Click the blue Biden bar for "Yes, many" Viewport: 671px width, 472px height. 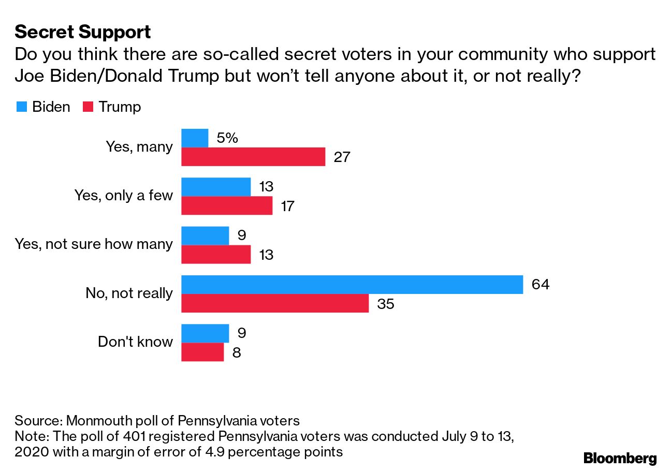pyautogui.click(x=195, y=138)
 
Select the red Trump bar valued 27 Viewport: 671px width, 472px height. pyautogui.click(x=253, y=157)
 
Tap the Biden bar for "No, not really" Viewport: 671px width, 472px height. pyautogui.click(x=352, y=285)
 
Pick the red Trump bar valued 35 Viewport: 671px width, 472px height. pyautogui.click(x=275, y=303)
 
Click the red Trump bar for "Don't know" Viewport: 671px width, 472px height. pyautogui.click(x=202, y=352)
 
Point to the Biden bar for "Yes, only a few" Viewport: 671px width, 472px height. pyautogui.click(x=216, y=187)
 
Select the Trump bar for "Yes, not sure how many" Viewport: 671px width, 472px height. pyautogui.click(x=216, y=255)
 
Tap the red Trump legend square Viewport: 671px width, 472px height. pyautogui.click(x=87, y=107)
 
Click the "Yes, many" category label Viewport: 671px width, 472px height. pyautogui.click(x=139, y=147)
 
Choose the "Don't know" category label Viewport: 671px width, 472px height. pyautogui.click(x=135, y=342)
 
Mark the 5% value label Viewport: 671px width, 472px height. pyautogui.click(x=227, y=138)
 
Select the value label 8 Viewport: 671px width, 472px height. pyautogui.click(x=237, y=352)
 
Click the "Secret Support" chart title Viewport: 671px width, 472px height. pyautogui.click(x=83, y=32)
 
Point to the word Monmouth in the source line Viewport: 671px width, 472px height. pyautogui.click(x=101, y=420)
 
